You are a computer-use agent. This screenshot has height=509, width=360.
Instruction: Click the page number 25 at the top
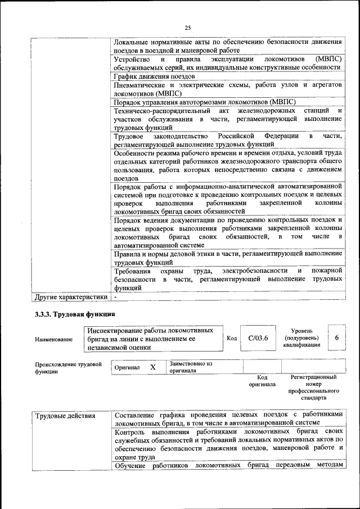pos(188,29)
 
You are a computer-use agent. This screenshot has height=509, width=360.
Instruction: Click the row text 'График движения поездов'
pos(154,76)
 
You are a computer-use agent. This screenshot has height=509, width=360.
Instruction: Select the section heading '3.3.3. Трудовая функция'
pos(75,314)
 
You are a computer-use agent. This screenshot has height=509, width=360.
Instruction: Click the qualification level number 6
pos(336,337)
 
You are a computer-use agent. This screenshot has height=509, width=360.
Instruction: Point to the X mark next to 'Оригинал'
pos(152,367)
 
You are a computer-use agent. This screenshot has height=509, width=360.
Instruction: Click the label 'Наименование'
pos(53,339)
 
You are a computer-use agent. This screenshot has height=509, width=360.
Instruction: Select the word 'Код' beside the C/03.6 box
pos(232,338)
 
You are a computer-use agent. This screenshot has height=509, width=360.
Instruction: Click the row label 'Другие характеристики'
pos(71,296)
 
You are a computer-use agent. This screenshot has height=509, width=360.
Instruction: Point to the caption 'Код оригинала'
pos(262,381)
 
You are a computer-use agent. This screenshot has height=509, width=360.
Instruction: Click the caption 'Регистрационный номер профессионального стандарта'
pos(313,388)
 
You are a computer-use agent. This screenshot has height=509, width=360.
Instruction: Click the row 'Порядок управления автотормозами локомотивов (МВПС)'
pos(205,102)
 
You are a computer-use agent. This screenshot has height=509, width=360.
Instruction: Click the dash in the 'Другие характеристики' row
pos(115,296)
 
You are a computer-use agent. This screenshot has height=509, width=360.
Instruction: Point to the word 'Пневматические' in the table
pos(141,85)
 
